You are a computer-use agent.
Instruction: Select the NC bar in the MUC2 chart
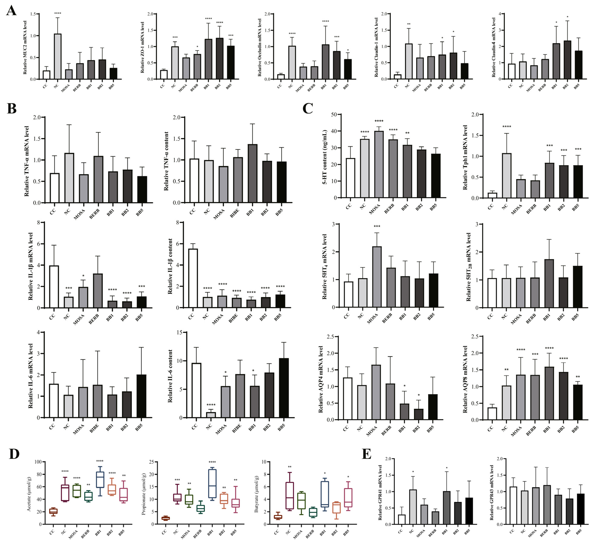tap(58, 56)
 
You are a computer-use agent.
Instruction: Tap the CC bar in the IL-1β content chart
tap(193, 278)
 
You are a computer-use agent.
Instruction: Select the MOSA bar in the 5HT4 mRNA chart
tap(377, 277)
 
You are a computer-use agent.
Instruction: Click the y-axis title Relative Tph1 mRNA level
tap(465, 157)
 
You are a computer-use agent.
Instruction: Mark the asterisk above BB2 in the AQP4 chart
tap(419, 395)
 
